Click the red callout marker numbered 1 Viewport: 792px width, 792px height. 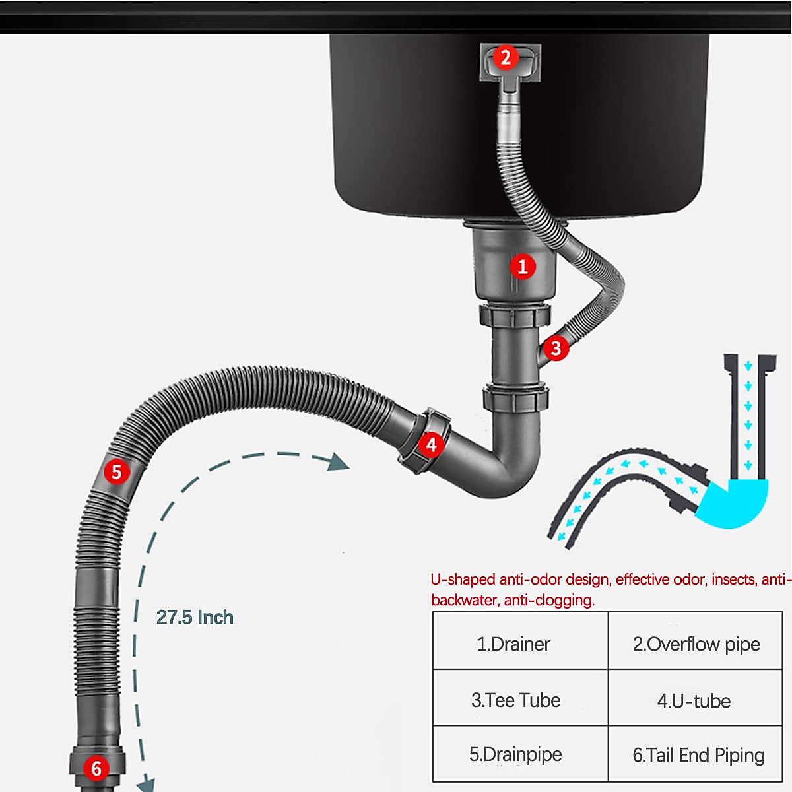tap(523, 267)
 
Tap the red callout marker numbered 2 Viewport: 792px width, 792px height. tap(506, 58)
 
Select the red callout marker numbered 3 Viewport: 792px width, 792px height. tap(556, 348)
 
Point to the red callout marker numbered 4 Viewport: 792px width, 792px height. tap(431, 444)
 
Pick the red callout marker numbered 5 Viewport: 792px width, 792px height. tap(117, 472)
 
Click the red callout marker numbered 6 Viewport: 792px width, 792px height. tap(96, 768)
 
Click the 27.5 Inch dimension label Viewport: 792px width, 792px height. tap(195, 617)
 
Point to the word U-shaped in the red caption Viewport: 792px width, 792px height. tap(462, 579)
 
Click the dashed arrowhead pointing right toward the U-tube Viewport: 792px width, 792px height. tap(339, 461)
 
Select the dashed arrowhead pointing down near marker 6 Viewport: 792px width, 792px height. tap(145, 785)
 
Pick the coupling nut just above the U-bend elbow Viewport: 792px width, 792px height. tap(515, 398)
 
